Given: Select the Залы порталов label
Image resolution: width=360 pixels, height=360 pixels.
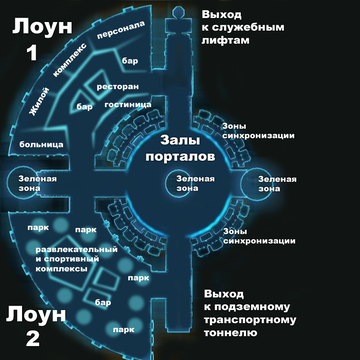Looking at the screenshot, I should [x=180, y=151].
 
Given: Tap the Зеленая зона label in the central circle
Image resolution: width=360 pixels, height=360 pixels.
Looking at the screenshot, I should [x=180, y=182].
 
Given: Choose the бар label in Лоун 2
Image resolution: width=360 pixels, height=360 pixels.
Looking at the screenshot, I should [x=102, y=300].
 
